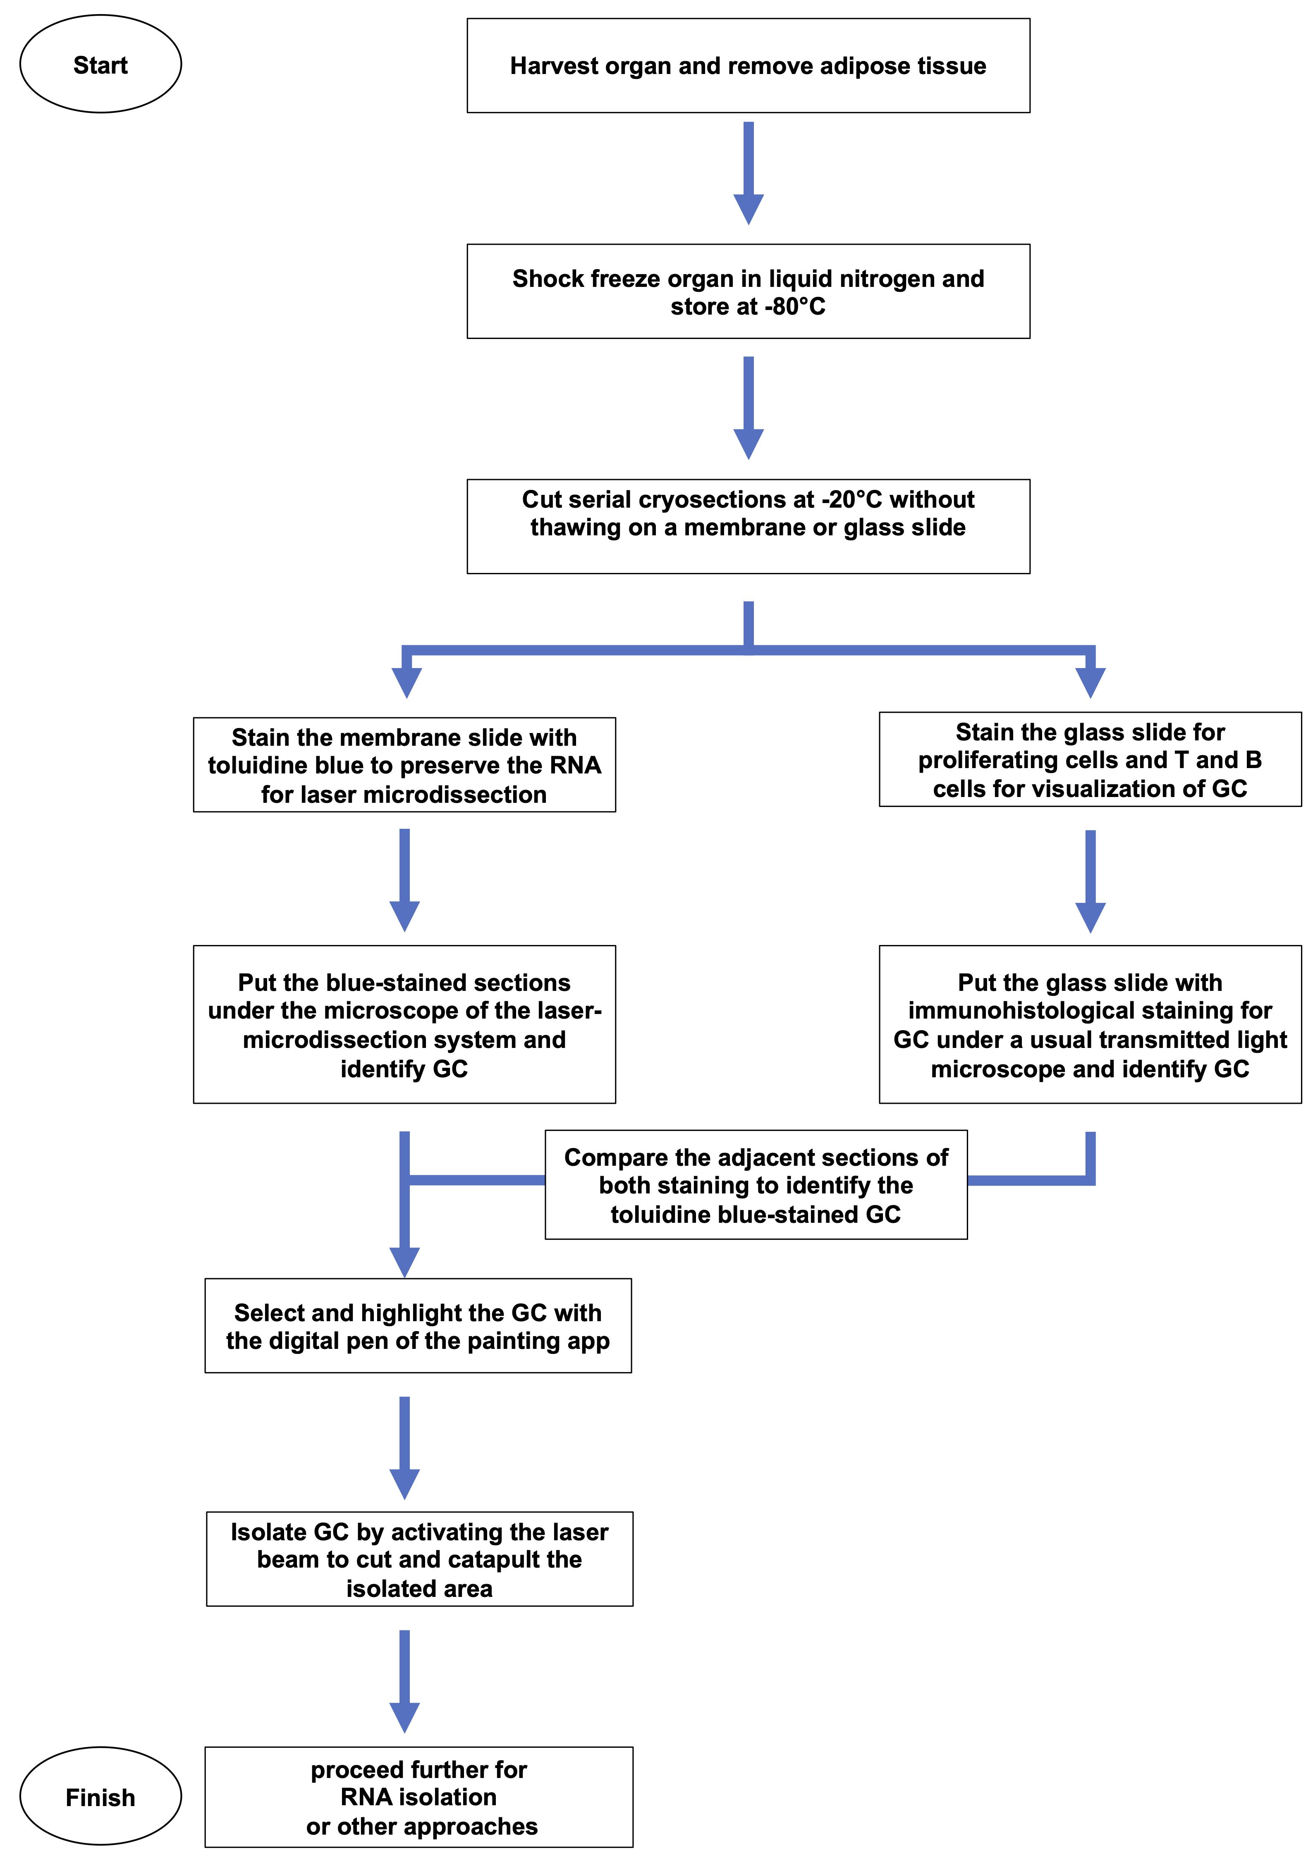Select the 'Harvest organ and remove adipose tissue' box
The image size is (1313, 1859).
click(749, 66)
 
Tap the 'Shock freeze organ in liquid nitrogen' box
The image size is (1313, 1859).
click(749, 291)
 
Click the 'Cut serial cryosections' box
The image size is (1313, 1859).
click(749, 526)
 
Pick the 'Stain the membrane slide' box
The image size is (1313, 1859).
click(404, 764)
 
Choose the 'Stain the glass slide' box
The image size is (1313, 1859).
click(1090, 759)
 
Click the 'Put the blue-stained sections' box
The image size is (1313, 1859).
click(404, 1024)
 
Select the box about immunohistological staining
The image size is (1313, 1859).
click(1090, 1024)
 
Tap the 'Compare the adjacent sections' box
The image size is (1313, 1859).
click(756, 1184)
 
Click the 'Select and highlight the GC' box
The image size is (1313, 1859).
click(418, 1325)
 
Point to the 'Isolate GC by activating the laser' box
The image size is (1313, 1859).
click(420, 1558)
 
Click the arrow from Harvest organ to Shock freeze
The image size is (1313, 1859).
click(749, 173)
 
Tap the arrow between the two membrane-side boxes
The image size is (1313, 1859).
click(404, 880)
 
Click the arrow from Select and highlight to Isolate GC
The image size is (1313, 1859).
click(404, 1448)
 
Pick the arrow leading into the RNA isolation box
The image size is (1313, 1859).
click(404, 1681)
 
